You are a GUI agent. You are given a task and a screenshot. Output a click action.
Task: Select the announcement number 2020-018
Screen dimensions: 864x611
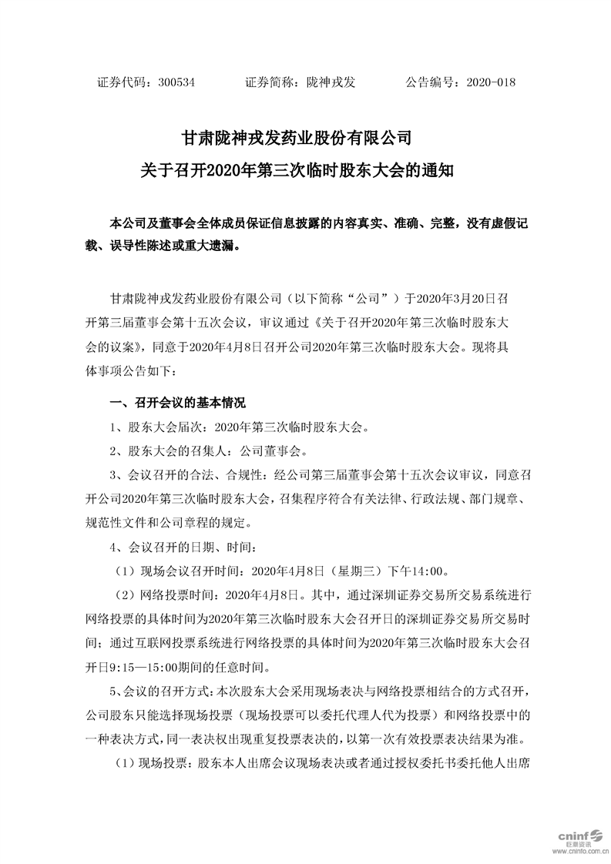(x=491, y=82)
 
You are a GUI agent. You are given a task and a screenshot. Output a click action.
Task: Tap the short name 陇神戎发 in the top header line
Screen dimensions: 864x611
(x=331, y=82)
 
